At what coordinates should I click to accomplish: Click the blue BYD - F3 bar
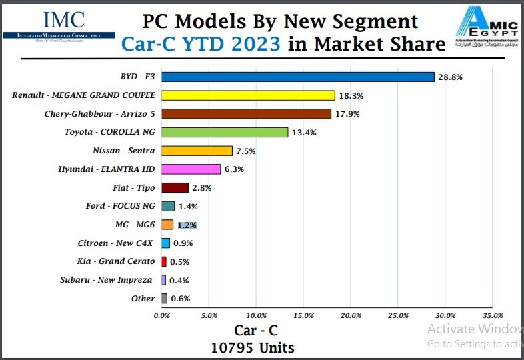[297, 77]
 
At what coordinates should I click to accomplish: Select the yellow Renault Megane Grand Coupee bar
[248, 95]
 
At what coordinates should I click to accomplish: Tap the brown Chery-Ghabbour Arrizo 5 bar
[246, 114]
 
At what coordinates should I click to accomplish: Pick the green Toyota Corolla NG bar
[225, 132]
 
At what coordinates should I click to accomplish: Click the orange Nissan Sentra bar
[197, 151]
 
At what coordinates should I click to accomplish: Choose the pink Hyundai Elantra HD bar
[191, 169]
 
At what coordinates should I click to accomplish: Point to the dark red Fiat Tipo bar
[175, 188]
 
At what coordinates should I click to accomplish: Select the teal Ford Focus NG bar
[168, 207]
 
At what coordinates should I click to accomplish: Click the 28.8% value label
[450, 77]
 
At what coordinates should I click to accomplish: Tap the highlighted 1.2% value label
[187, 225]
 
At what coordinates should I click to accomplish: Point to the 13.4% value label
[303, 133]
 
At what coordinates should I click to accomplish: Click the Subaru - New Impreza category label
[106, 280]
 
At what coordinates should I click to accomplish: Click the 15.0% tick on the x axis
[303, 315]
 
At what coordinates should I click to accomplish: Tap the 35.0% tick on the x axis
[492, 315]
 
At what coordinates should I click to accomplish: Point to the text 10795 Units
[253, 347]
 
